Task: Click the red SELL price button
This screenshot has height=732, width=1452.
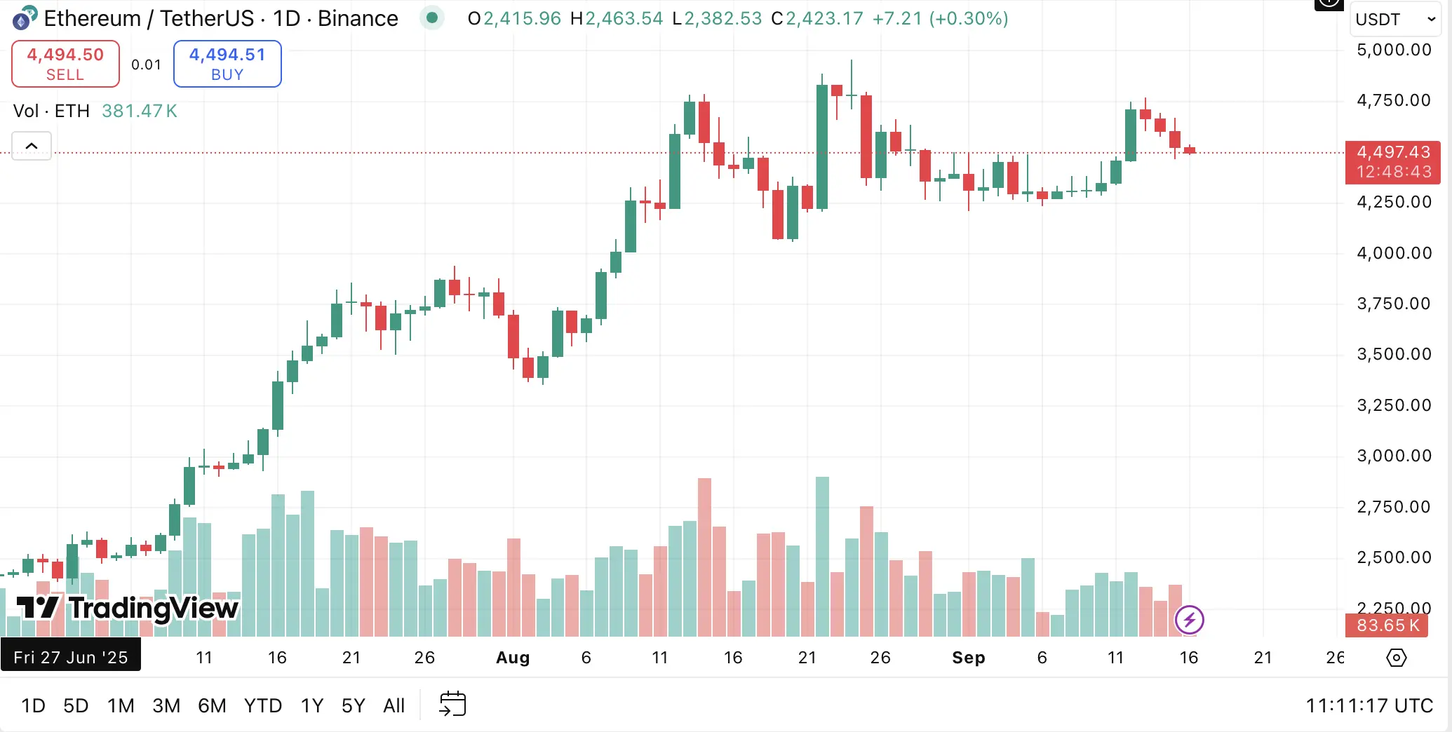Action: point(65,64)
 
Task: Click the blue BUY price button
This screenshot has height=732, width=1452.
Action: point(227,64)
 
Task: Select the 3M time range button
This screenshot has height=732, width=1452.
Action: point(166,705)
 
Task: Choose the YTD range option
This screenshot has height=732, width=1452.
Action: point(263,705)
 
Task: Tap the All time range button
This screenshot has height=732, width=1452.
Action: point(394,705)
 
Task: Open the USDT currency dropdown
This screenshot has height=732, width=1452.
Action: point(1394,20)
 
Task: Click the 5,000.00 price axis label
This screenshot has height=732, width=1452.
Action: point(1394,50)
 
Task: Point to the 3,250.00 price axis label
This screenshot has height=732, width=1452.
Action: point(1394,405)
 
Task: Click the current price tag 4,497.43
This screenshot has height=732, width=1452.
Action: point(1392,162)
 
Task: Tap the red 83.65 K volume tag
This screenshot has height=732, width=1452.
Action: point(1387,625)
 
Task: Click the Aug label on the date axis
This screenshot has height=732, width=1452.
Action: point(513,658)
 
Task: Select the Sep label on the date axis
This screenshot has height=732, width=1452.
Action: point(968,658)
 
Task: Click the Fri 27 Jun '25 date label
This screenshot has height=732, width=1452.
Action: point(70,657)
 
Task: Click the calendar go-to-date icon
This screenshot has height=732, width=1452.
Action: point(452,704)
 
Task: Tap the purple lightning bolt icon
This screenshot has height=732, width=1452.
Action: point(1189,620)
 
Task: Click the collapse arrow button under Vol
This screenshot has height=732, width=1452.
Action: point(32,146)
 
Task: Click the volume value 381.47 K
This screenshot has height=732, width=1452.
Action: point(139,111)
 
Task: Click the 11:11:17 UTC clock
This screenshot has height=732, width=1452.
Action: point(1369,705)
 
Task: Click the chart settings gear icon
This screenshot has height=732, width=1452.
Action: point(1396,658)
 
